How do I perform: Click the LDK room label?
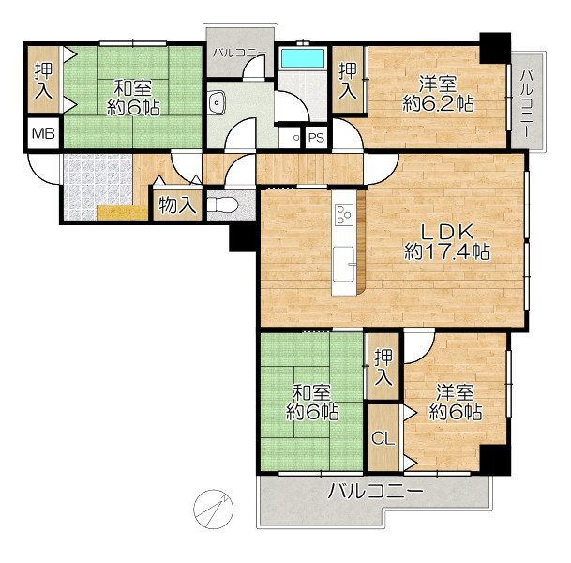[447, 232]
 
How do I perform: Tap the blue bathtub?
[303, 58]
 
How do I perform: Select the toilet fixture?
[223, 205]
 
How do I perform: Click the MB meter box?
[43, 133]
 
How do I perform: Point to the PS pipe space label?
[316, 138]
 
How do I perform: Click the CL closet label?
[383, 438]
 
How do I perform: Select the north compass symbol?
[213, 510]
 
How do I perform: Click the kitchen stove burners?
[344, 214]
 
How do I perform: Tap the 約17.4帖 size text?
[447, 251]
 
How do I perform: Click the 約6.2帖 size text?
[439, 104]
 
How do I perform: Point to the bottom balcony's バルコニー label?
[376, 491]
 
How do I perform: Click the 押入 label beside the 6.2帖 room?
[348, 81]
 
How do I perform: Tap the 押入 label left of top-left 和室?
[43, 81]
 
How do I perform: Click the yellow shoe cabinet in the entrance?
[123, 213]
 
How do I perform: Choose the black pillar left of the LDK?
[244, 236]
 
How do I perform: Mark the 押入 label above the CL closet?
[383, 367]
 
